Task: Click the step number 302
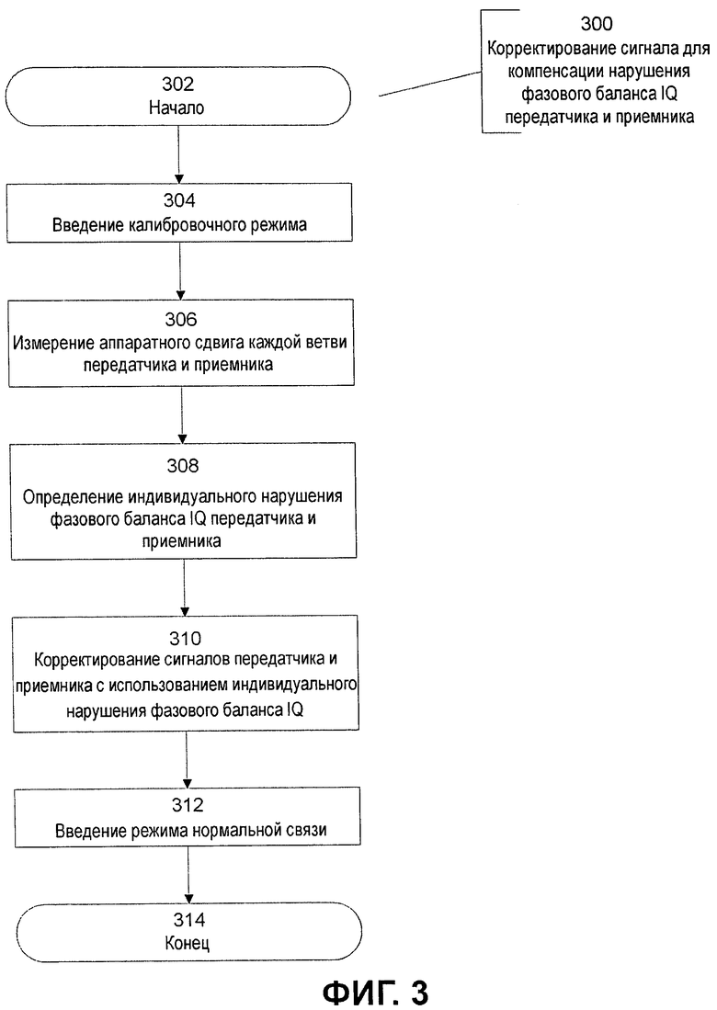[177, 85]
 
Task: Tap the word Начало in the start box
[176, 107]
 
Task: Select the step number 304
[179, 200]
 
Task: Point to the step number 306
[180, 319]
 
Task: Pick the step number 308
[182, 465]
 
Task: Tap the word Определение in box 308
[73, 496]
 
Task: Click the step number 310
[185, 638]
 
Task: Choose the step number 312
[188, 804]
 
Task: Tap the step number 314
[188, 919]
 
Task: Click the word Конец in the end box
[188, 944]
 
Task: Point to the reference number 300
[596, 24]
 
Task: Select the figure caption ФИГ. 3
[376, 992]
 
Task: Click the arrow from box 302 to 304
[179, 154]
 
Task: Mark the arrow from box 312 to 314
[188, 876]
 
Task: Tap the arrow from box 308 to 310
[185, 587]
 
